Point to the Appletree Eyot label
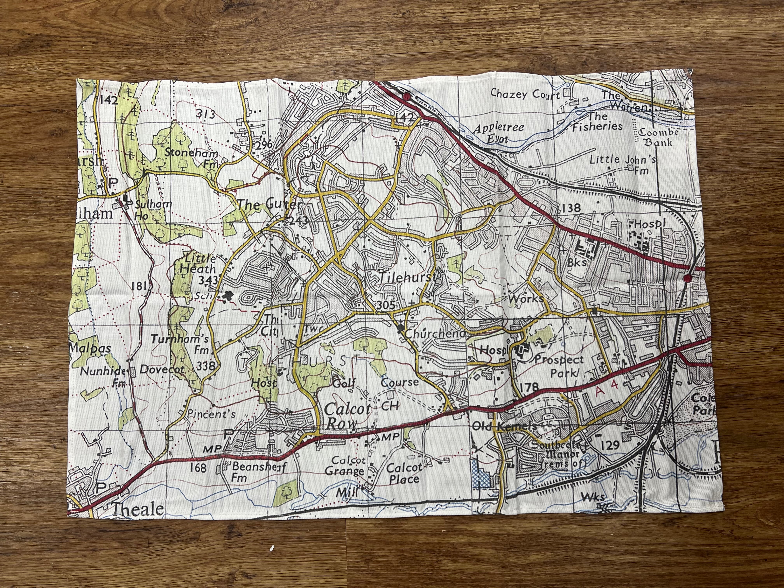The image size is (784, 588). (x=499, y=133)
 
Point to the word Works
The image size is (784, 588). (x=525, y=299)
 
